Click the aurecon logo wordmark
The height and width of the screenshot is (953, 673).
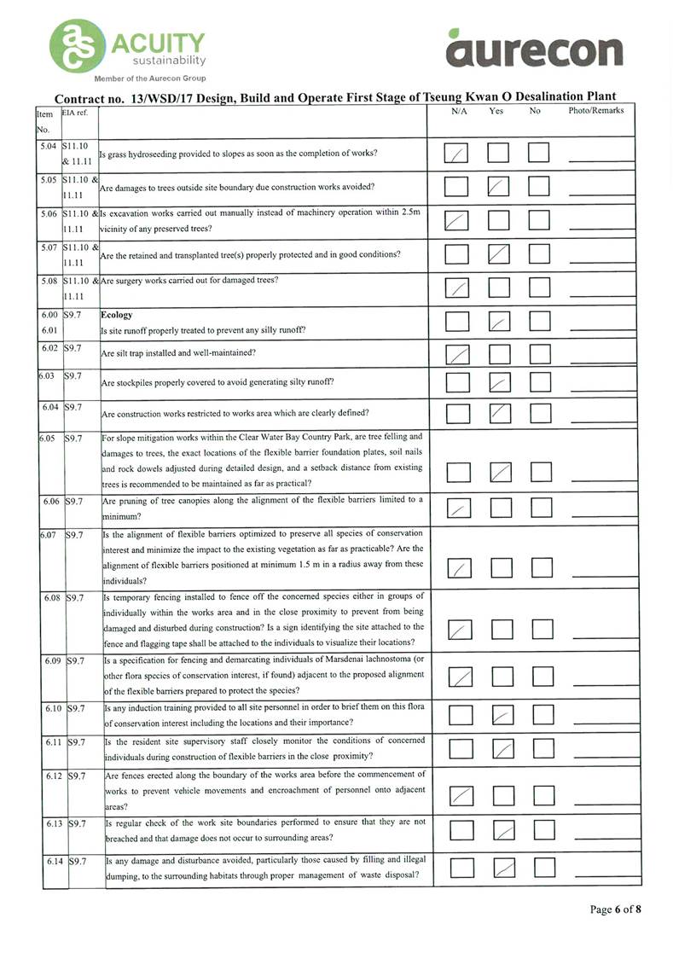click(535, 51)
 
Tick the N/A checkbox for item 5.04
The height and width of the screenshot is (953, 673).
click(459, 154)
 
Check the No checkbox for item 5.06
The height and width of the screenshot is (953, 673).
click(540, 221)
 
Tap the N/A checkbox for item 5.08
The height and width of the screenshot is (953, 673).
click(459, 288)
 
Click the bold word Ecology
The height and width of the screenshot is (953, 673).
click(116, 315)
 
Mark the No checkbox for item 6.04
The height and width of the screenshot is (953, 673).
click(540, 414)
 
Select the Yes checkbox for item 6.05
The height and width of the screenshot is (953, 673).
click(501, 472)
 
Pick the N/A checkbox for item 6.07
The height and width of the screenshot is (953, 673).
click(461, 567)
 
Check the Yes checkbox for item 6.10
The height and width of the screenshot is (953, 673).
click(503, 716)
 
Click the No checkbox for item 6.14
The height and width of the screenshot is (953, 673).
click(542, 869)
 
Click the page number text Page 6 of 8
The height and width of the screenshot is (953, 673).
click(614, 909)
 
